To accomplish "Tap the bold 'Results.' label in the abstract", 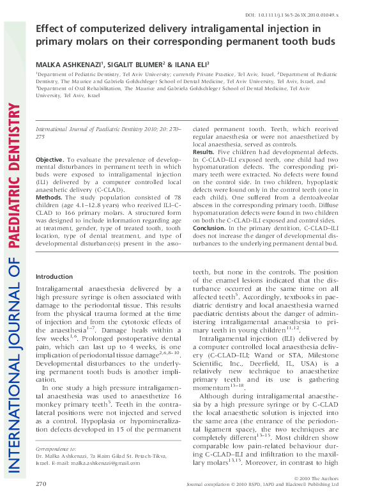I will pyautogui.click(x=204, y=152).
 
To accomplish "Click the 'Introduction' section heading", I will pyautogui.click(x=54, y=276).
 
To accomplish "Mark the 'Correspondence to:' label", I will pyautogui.click(x=60, y=449).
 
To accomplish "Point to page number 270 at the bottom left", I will pyautogui.click(x=42, y=485).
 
